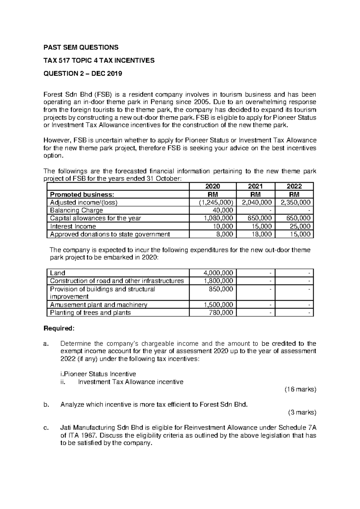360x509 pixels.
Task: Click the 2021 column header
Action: click(255, 186)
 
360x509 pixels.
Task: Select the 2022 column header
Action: click(294, 186)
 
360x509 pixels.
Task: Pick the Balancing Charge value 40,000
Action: click(223, 210)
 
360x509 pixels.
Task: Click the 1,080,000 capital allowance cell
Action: click(218, 218)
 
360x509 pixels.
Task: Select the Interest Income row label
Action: click(73, 226)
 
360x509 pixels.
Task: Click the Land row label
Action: click(58, 273)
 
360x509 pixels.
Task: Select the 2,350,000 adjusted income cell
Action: click(295, 202)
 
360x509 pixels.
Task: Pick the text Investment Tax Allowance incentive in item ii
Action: click(130, 382)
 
